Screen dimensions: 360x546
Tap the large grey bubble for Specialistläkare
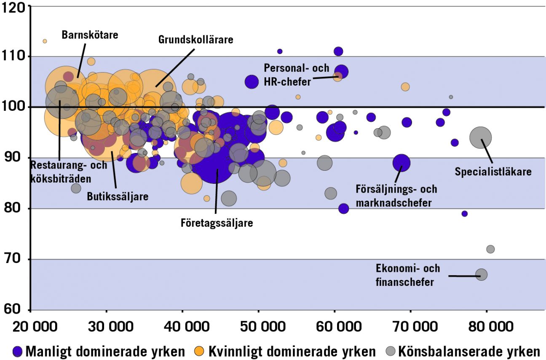click(x=480, y=137)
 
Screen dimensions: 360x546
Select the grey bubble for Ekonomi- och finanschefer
click(x=481, y=274)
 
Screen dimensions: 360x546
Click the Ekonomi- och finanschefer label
click(x=407, y=275)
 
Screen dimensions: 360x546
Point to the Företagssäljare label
click(x=217, y=223)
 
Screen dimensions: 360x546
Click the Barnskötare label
click(x=90, y=34)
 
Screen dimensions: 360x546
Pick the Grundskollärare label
click(x=195, y=40)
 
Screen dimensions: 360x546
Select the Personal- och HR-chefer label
click(x=296, y=74)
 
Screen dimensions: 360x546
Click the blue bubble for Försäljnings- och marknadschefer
click(x=401, y=163)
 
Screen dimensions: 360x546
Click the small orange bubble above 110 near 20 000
click(x=45, y=41)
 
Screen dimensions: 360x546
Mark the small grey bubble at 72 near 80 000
click(x=490, y=249)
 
